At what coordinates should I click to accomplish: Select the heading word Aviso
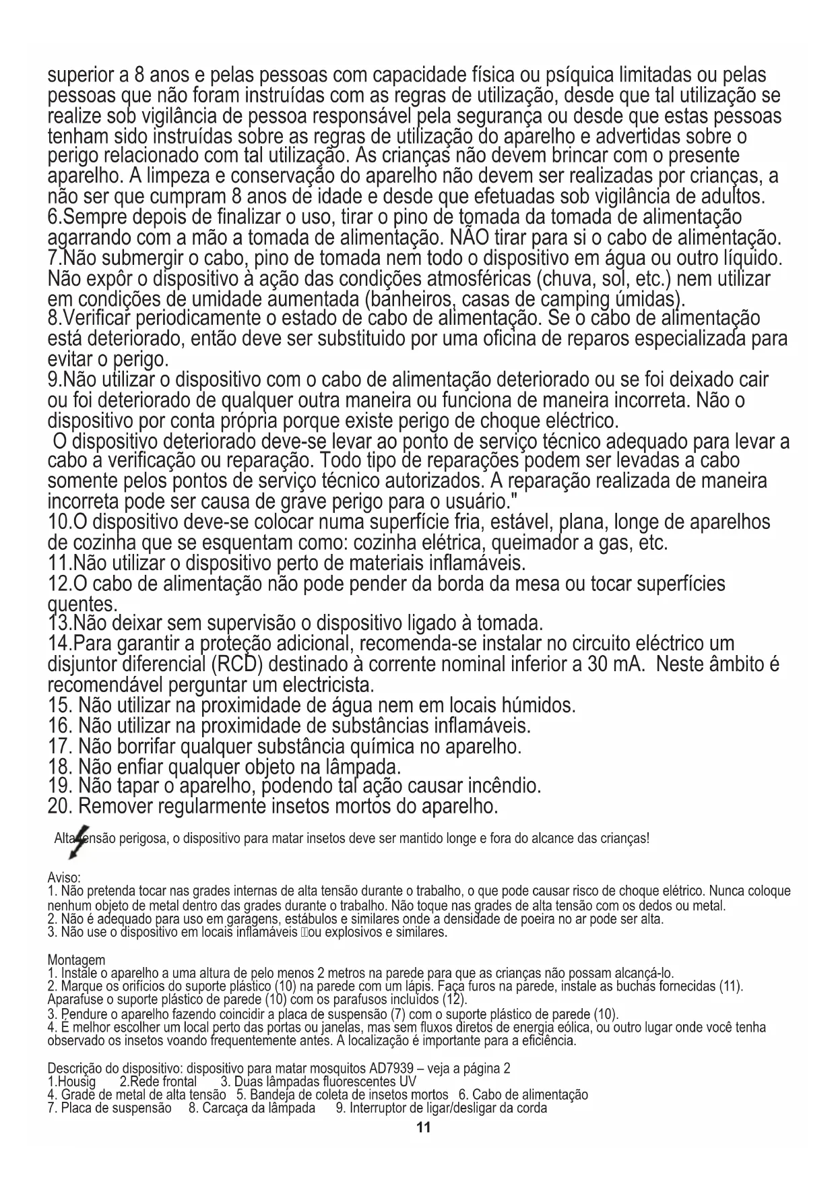coord(64,878)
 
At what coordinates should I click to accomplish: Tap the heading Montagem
coord(76,960)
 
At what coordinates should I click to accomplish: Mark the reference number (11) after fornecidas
coord(731,987)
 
